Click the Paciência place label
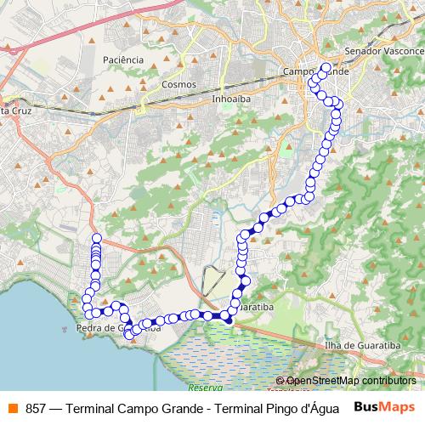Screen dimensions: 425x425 [122, 59]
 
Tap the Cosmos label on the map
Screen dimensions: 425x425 [178, 84]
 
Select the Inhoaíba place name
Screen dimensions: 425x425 [228, 98]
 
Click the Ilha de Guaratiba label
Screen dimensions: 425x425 [363, 347]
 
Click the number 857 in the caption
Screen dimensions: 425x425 [35, 407]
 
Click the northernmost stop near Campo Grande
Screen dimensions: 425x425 [326, 66]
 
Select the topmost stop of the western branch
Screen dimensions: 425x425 [96, 238]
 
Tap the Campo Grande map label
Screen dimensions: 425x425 [314, 72]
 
